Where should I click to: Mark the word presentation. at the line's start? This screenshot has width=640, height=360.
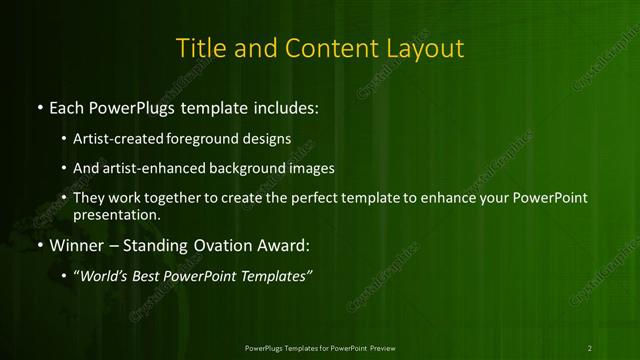click(x=116, y=214)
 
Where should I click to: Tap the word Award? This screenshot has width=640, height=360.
click(x=287, y=245)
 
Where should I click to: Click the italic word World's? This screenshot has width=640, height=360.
click(x=104, y=276)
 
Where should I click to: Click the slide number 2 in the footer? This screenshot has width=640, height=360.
click(x=590, y=347)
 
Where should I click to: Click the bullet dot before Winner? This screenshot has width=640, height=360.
click(x=39, y=245)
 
